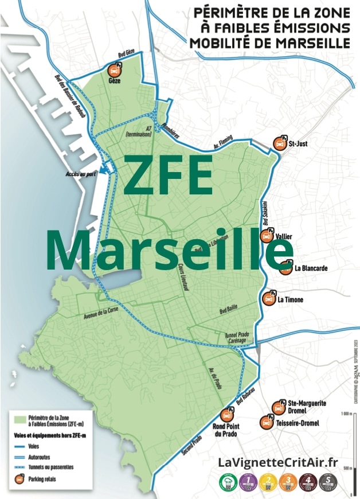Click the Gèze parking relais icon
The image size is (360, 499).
[x=115, y=71]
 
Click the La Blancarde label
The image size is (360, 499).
[x=311, y=268]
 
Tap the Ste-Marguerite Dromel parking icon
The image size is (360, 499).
[x=279, y=407]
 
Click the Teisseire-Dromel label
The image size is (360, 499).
[x=298, y=423]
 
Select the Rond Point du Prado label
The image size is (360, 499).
[x=226, y=430]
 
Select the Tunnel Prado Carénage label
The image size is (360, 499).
[x=237, y=338]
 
